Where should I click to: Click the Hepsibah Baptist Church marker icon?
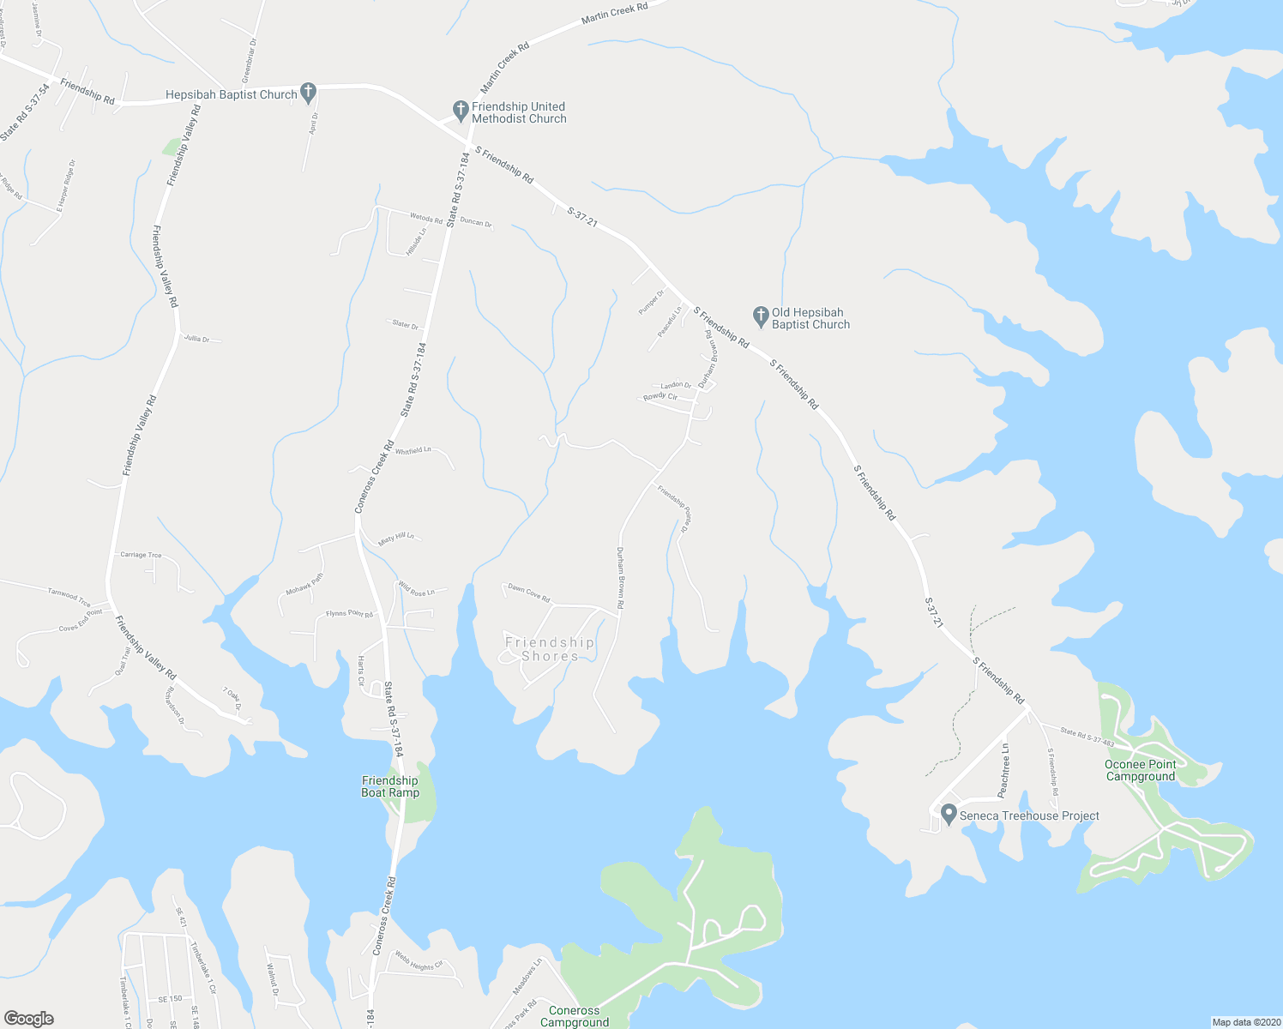coord(309,93)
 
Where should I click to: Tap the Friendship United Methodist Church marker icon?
coord(460,111)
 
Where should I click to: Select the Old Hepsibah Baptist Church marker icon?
coord(760,316)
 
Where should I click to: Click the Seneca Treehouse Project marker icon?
coord(949,814)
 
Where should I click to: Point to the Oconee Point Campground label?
coord(1140,770)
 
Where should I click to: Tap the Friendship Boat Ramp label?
coord(390,786)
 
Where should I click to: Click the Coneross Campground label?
coord(575,1016)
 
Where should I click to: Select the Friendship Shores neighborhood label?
coord(550,649)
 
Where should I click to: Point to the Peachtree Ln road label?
coord(1004,770)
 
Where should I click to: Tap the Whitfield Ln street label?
coord(413,450)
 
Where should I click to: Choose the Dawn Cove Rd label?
coord(528,593)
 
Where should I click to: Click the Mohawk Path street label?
coord(305,584)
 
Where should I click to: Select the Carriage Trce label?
coord(141,555)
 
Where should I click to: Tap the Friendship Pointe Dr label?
coord(674,509)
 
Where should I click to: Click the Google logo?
coord(28,1019)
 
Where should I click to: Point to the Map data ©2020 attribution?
coord(1244,1021)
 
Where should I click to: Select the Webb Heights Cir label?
coord(419,961)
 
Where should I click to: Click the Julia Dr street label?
coord(196,339)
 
